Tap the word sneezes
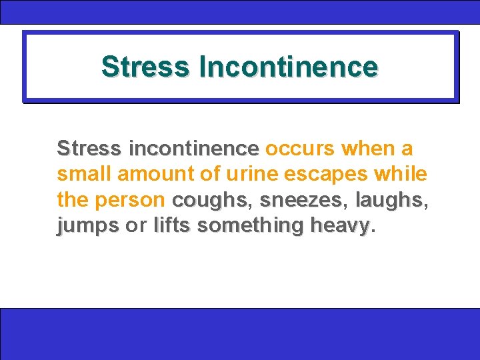301,199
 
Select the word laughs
389,199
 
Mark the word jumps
88,226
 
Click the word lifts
173,225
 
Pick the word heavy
339,225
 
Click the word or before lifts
136,226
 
